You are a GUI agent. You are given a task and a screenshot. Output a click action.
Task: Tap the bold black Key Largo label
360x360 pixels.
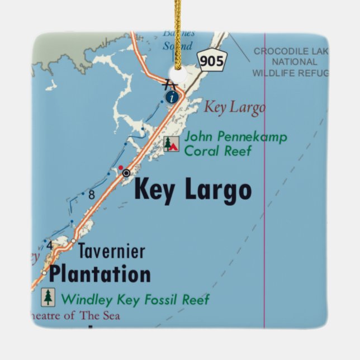[193, 190]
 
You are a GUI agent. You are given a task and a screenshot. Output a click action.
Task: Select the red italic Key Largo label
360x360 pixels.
[234, 107]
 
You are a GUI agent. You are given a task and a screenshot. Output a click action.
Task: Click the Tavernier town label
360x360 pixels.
[111, 251]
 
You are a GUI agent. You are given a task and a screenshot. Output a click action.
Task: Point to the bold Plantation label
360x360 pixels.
[100, 274]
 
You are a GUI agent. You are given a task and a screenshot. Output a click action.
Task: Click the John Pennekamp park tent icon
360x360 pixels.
[171, 144]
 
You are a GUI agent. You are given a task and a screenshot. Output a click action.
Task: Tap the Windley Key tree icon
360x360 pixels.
[49, 297]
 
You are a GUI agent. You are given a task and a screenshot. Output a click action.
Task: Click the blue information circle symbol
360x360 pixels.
[173, 97]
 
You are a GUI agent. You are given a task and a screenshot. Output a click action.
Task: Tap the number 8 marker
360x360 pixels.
[91, 195]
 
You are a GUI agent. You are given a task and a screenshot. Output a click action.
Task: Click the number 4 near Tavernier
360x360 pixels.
[49, 245]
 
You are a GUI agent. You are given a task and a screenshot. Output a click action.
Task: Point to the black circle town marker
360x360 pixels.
[126, 173]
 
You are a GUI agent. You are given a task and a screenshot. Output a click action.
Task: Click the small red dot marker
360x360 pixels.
[120, 167]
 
